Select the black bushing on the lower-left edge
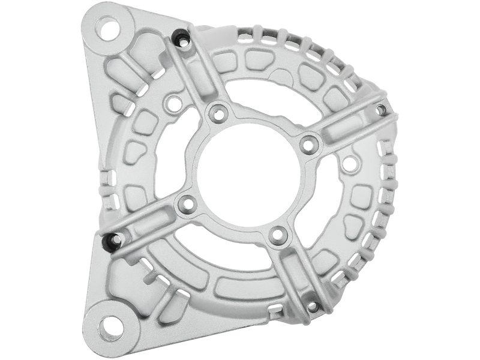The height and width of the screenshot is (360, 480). (109, 241)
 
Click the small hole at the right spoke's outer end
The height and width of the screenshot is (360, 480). (380, 108)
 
